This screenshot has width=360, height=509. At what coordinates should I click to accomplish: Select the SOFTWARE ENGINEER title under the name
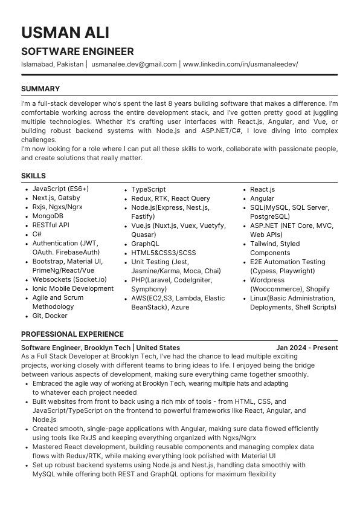click(77, 51)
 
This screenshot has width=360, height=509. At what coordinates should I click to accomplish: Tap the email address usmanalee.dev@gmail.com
click(134, 64)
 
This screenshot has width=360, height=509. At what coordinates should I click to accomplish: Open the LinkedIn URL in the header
click(240, 64)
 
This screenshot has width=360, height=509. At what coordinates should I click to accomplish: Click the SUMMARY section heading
click(40, 89)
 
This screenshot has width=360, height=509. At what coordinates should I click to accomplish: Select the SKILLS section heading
click(33, 176)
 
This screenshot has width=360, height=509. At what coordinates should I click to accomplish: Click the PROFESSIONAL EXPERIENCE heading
click(72, 334)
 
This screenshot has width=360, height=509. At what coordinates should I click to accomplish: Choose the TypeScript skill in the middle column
click(149, 189)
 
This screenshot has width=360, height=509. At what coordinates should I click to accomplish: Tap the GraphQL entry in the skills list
click(146, 244)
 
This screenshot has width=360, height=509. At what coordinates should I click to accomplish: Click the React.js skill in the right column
click(263, 189)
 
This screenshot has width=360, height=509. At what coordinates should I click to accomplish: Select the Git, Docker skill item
click(50, 316)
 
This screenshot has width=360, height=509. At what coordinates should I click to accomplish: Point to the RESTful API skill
click(51, 225)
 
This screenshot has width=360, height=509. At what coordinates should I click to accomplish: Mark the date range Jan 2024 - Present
click(307, 348)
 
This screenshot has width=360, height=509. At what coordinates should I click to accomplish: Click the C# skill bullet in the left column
click(37, 234)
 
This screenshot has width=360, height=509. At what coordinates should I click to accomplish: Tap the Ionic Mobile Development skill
click(73, 288)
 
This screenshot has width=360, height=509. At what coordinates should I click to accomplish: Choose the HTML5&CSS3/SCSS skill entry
click(164, 253)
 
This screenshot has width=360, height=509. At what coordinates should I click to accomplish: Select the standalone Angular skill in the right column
click(262, 198)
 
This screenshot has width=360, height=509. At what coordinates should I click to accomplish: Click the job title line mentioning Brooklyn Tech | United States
click(100, 348)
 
